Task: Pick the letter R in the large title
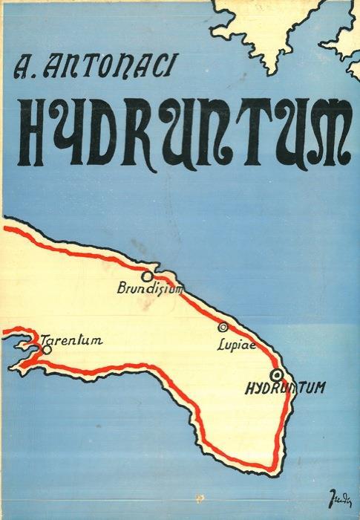pos(162,133)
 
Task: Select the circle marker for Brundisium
pos(147,276)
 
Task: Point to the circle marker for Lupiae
pos(222,327)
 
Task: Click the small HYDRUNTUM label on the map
pos(285,388)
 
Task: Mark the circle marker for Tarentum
pos(47,350)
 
